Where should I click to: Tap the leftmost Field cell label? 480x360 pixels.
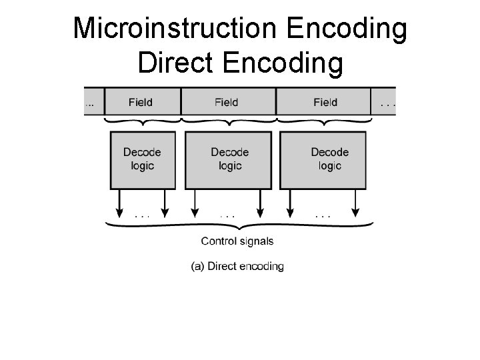coord(140,102)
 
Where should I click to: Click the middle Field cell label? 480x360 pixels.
coord(227,102)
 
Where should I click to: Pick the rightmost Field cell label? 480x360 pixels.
coord(325,102)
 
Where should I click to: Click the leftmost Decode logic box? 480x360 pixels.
coord(142,159)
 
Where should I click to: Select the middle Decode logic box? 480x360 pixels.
coord(229,159)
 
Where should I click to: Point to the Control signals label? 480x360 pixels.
coord(237,241)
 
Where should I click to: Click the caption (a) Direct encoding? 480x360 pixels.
coord(237,266)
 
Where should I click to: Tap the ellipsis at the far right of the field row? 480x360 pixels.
coord(386,103)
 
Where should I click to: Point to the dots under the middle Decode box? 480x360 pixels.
coord(229,215)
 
